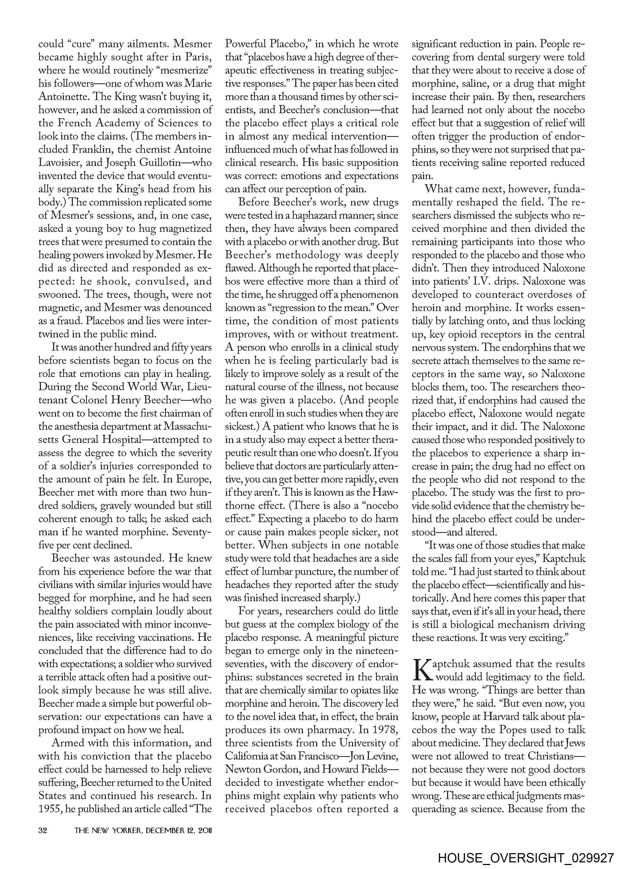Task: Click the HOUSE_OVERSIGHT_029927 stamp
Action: tap(526, 857)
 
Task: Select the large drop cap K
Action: tap(421, 669)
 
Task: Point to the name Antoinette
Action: tap(63, 97)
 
